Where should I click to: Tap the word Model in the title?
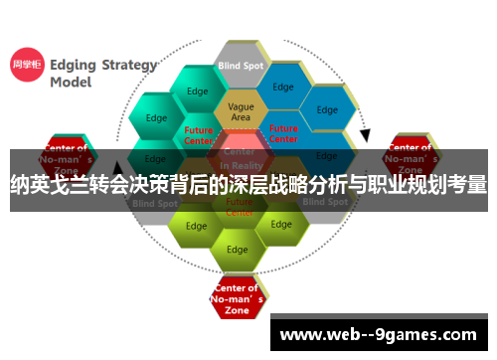[x=72, y=84]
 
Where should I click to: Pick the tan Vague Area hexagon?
[x=241, y=111]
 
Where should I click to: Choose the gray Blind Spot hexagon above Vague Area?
[x=241, y=66]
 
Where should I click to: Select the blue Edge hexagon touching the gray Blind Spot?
[x=283, y=88]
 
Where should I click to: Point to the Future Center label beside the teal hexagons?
[x=199, y=134]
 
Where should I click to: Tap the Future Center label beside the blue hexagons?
[x=283, y=133]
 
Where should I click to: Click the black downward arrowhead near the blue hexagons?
[x=365, y=135]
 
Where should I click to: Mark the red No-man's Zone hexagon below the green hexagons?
[x=238, y=298]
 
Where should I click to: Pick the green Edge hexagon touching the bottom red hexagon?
[x=238, y=249]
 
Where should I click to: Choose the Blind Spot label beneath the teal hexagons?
[x=155, y=202]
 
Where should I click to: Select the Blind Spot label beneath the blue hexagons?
[x=325, y=202]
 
